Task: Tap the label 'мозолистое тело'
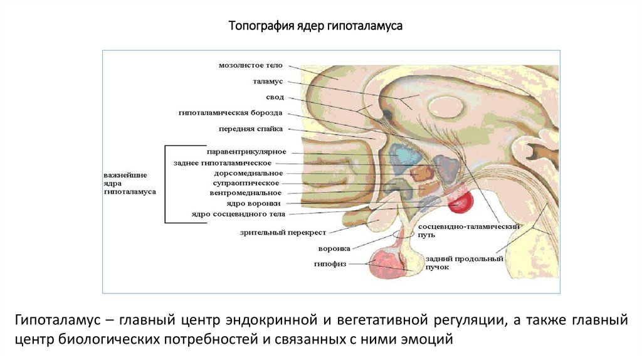pyautogui.click(x=250, y=65)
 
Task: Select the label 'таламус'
pyautogui.click(x=268, y=82)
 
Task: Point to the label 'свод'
pyautogui.click(x=275, y=97)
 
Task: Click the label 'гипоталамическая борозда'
pyautogui.click(x=230, y=114)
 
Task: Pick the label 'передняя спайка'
pyautogui.click(x=251, y=129)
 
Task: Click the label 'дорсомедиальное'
pyautogui.click(x=248, y=173)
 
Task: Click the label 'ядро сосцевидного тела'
pyautogui.click(x=239, y=214)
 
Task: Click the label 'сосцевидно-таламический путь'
pyautogui.click(x=470, y=230)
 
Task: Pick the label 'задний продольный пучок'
pyautogui.click(x=464, y=262)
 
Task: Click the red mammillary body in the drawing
pyautogui.click(x=463, y=203)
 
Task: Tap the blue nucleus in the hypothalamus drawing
pyautogui.click(x=401, y=154)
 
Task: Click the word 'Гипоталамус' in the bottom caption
pyautogui.click(x=56, y=320)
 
